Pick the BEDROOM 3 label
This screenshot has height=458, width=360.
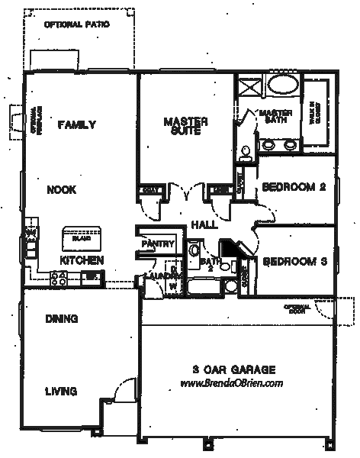(294, 262)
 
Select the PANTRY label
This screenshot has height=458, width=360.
(159, 244)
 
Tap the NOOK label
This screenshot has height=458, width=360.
(60, 191)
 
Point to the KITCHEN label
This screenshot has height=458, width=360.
(82, 260)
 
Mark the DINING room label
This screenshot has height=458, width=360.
(62, 319)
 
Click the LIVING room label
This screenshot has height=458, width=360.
(60, 392)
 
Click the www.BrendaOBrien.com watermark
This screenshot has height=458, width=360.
(231, 384)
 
